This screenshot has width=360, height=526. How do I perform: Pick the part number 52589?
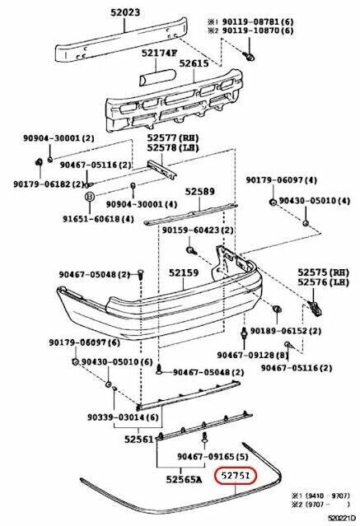click(199, 191)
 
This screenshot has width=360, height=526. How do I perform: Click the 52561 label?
click(140, 440)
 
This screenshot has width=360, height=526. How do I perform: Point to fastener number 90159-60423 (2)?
click(197, 231)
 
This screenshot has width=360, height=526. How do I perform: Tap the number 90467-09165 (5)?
click(213, 457)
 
